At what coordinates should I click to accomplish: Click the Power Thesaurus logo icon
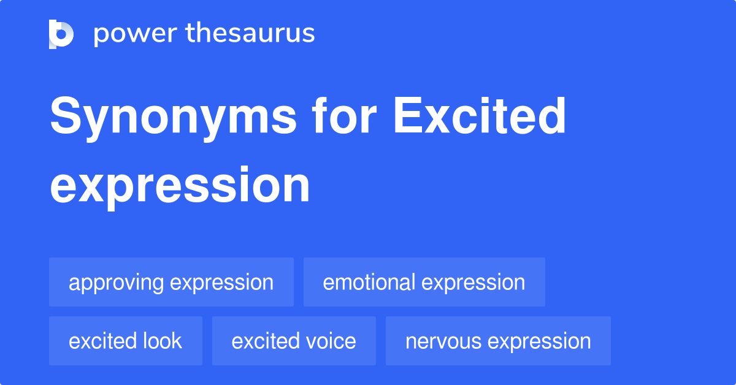(x=61, y=34)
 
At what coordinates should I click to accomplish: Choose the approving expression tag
(x=171, y=282)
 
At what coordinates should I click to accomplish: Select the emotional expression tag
(x=424, y=282)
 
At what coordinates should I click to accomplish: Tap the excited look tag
(x=125, y=341)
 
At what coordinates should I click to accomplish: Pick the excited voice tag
(x=294, y=341)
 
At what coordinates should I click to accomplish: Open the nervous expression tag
(x=498, y=341)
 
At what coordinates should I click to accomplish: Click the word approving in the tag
(x=116, y=283)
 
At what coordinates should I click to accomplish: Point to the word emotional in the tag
(x=369, y=282)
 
